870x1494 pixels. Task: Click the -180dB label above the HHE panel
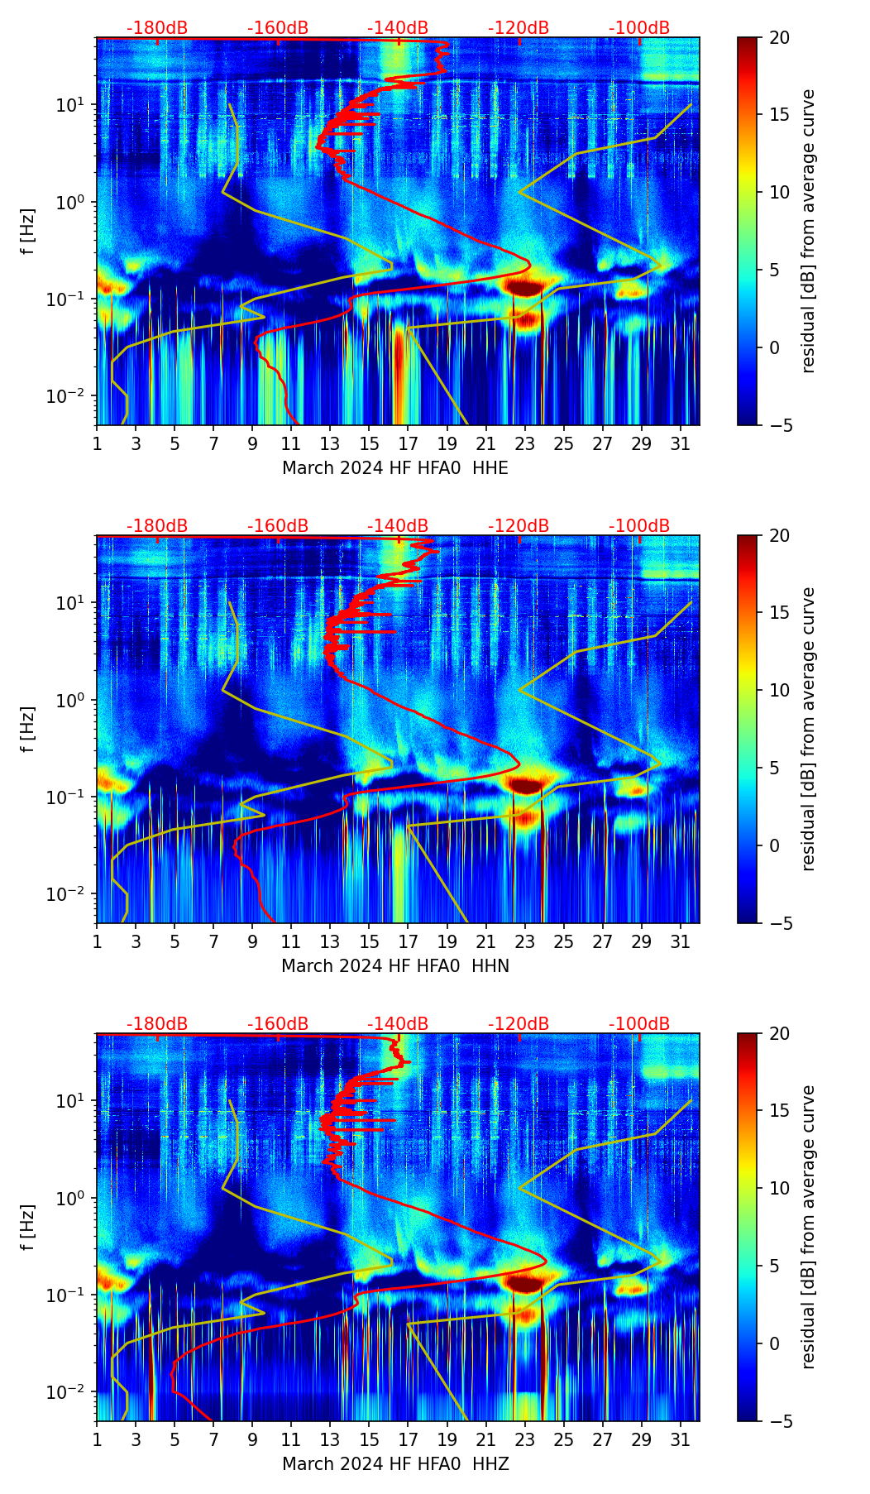(x=157, y=28)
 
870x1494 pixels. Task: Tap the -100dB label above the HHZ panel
(x=639, y=1024)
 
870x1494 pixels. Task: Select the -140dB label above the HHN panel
(x=398, y=526)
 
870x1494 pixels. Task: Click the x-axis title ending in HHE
(x=395, y=468)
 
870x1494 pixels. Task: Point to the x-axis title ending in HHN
(x=395, y=966)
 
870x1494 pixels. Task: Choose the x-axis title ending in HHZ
(x=395, y=1464)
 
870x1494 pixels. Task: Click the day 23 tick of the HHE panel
(x=524, y=443)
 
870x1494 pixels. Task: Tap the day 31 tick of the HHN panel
(x=680, y=941)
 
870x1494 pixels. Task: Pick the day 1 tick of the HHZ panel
(x=98, y=1439)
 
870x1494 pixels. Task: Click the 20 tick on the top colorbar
(x=780, y=37)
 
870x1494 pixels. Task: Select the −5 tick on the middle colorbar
(x=778, y=922)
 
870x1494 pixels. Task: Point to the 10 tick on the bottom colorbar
(x=780, y=1188)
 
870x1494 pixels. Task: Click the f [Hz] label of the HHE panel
(x=28, y=232)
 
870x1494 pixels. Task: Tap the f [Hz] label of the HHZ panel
(x=28, y=1228)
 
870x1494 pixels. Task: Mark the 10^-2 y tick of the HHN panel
(x=72, y=893)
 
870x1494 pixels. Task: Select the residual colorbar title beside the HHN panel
(x=809, y=729)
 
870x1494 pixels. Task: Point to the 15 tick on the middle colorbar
(x=780, y=613)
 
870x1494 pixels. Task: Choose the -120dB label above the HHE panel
(x=519, y=28)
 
